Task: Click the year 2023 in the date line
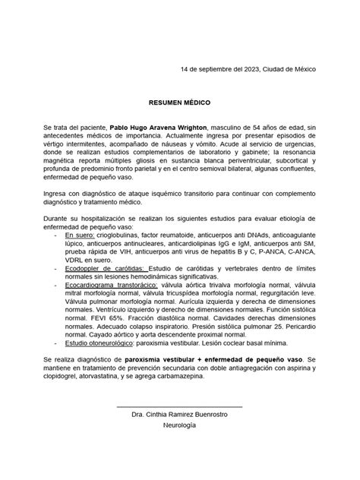(x=248, y=69)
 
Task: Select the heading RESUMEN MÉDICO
(x=179, y=101)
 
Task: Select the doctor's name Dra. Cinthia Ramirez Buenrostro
(x=179, y=415)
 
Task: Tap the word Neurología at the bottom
(x=179, y=426)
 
